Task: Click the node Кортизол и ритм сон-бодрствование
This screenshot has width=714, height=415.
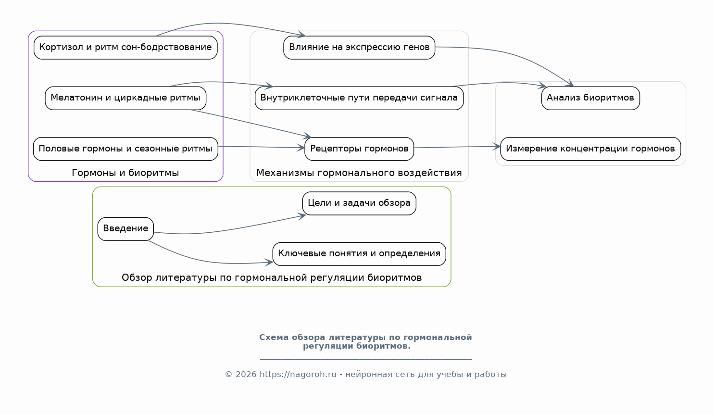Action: pyautogui.click(x=125, y=48)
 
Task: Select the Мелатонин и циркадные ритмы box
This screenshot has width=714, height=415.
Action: pyautogui.click(x=125, y=98)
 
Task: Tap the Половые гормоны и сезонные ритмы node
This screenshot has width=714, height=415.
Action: pyautogui.click(x=125, y=149)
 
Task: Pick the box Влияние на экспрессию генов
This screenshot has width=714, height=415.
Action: pyautogui.click(x=359, y=48)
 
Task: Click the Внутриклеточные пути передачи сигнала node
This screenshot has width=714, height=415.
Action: pyautogui.click(x=359, y=98)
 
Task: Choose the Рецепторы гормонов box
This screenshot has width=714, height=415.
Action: pyautogui.click(x=359, y=149)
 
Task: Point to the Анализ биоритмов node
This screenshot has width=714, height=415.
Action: pyautogui.click(x=590, y=98)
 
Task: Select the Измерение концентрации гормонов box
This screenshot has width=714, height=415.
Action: pyautogui.click(x=590, y=149)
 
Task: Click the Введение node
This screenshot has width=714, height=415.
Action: pyautogui.click(x=125, y=229)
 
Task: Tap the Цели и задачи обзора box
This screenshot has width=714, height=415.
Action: pyautogui.click(x=359, y=203)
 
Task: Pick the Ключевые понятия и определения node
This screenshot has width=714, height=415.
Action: pyautogui.click(x=359, y=254)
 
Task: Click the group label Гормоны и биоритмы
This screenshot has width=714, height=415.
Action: pyautogui.click(x=125, y=173)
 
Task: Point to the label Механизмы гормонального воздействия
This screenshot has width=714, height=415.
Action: pyautogui.click(x=359, y=173)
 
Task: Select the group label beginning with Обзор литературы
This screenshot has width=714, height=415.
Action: pyautogui.click(x=272, y=277)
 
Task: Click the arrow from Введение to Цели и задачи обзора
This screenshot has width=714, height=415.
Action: pyautogui.click(x=229, y=229)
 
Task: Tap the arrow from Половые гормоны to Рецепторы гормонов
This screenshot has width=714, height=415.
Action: pyautogui.click(x=262, y=147)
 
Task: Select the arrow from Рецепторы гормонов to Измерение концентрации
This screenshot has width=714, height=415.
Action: pyautogui.click(x=457, y=147)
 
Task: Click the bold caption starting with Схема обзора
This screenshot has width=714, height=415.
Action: pyautogui.click(x=365, y=342)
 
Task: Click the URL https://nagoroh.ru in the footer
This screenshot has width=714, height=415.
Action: pyautogui.click(x=298, y=375)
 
